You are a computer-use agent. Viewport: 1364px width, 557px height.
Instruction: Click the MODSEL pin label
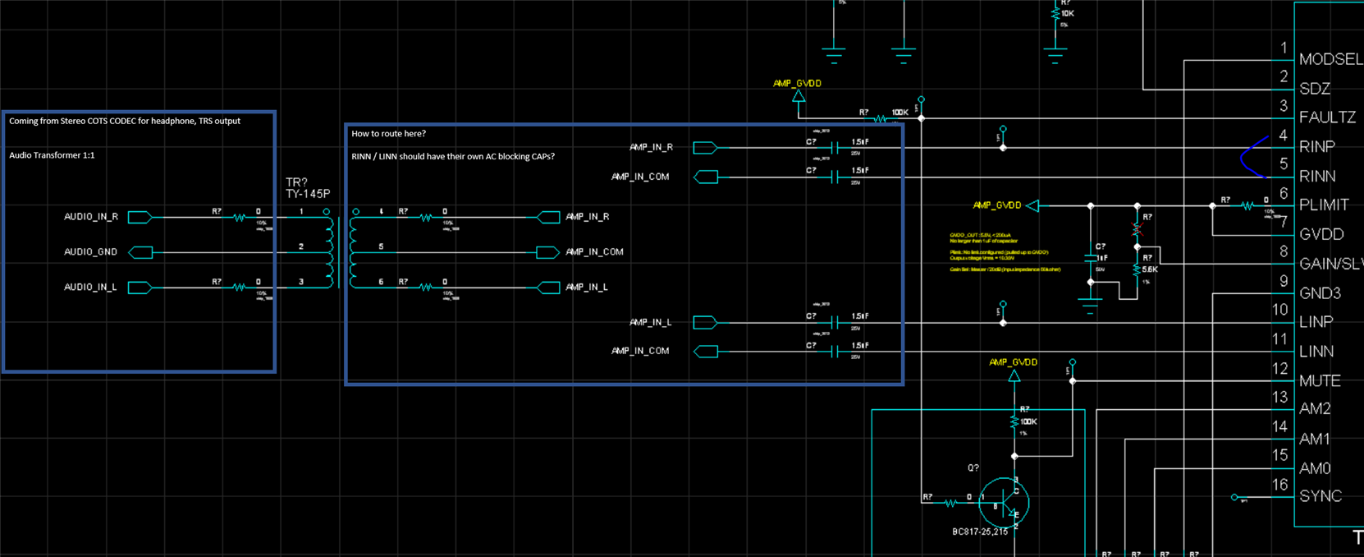[1330, 59]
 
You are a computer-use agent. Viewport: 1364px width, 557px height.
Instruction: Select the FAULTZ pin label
[1327, 117]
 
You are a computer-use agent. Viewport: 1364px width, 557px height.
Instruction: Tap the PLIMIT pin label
[1324, 205]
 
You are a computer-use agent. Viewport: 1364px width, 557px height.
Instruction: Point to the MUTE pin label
[1320, 381]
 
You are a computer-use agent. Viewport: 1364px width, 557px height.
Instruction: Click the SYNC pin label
[1321, 496]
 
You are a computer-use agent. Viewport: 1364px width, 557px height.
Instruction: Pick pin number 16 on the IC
[1279, 485]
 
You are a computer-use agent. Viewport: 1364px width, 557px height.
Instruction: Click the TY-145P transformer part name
[308, 194]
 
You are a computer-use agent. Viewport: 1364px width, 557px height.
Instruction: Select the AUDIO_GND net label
[90, 252]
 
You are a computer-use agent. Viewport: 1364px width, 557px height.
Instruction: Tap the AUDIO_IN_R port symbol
[140, 217]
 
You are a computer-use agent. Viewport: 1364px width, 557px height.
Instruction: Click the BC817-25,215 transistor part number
[980, 532]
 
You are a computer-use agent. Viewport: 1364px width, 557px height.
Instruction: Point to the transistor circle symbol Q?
[1004, 501]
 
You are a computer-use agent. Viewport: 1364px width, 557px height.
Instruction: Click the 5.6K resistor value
[1150, 269]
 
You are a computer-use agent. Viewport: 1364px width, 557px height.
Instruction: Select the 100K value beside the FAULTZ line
[899, 113]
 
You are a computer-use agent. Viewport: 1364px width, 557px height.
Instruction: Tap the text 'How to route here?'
[388, 134]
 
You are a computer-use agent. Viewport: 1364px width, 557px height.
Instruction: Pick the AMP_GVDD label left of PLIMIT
[996, 205]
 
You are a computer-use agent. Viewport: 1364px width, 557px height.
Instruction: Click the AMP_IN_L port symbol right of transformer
[548, 287]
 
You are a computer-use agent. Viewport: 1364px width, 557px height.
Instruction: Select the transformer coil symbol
[342, 251]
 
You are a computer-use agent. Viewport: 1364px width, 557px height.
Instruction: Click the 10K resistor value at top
[1067, 14]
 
